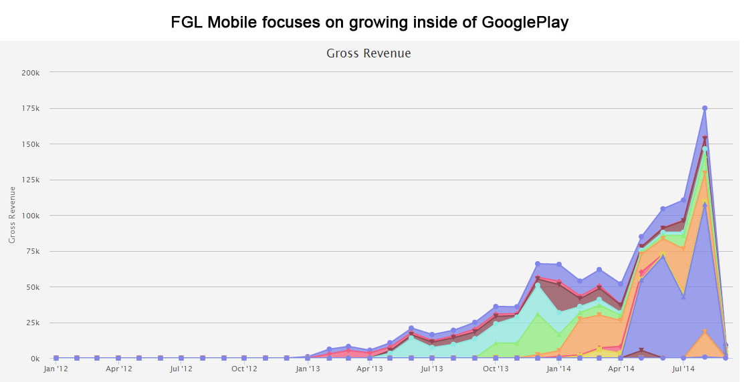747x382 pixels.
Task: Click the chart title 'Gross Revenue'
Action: tap(368, 53)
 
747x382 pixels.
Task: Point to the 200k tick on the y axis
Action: tap(31, 72)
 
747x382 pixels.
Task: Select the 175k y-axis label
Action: tap(31, 108)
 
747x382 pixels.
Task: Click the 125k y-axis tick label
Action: tap(31, 180)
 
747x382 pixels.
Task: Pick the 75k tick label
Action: tap(33, 251)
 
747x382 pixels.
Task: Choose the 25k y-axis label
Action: tap(33, 323)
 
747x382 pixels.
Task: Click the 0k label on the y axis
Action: tap(35, 359)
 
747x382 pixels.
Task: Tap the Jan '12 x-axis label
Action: tap(56, 369)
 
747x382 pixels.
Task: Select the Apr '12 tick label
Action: tap(118, 369)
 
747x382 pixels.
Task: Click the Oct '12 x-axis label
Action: tap(244, 369)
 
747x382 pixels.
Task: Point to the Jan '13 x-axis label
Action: tap(307, 369)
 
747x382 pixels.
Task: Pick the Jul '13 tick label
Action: tap(432, 369)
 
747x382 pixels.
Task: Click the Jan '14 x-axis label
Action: tap(558, 369)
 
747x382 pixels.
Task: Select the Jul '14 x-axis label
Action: tap(683, 369)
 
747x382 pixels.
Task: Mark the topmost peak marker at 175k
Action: tap(705, 108)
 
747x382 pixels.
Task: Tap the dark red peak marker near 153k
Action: tap(705, 139)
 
